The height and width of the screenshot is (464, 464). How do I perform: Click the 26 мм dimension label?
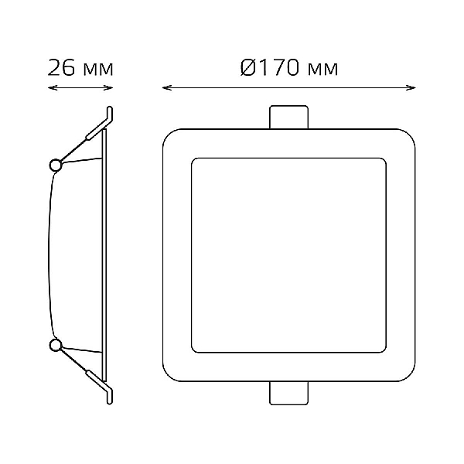80,68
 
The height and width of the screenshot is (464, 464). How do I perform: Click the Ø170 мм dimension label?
288,68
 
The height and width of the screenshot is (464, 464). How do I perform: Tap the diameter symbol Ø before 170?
247,68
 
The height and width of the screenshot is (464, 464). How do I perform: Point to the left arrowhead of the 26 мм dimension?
52,87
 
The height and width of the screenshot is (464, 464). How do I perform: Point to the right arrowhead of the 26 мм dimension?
109,87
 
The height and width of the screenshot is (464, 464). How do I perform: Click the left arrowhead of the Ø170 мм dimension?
167,87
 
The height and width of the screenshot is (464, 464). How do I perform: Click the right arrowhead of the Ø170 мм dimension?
411,87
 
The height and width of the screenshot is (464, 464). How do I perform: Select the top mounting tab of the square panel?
288,118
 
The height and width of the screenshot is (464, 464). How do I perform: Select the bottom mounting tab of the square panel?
288,394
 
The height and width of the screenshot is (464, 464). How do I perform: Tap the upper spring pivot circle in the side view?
55,165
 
